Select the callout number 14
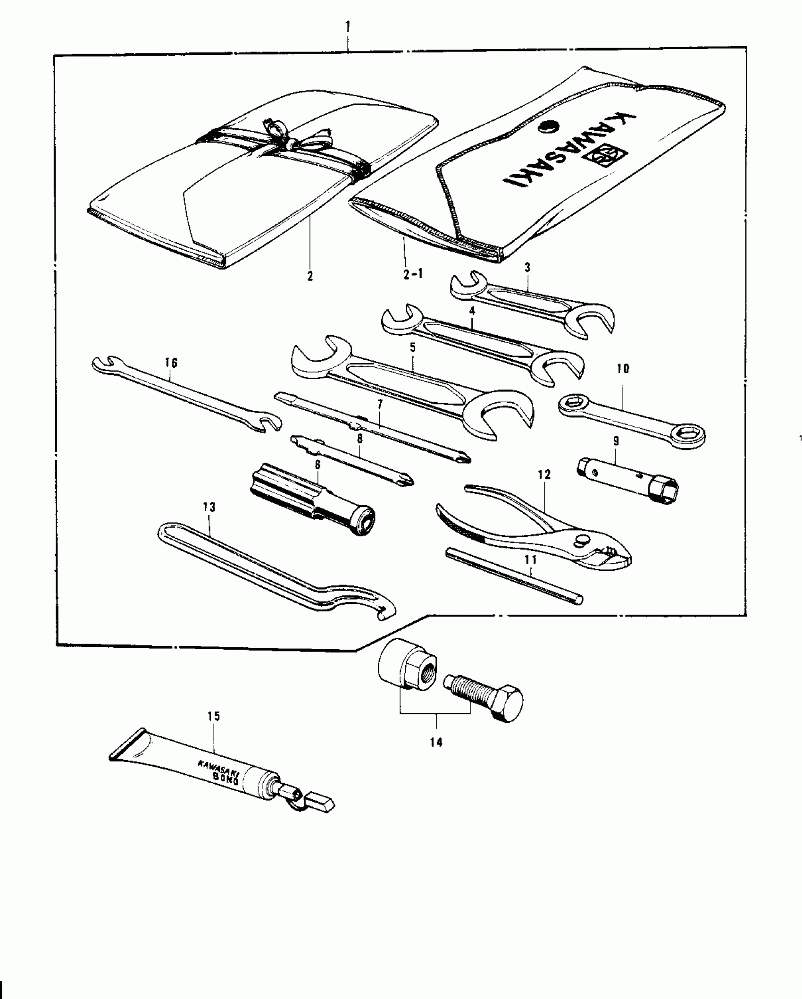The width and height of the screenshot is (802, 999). tap(436, 743)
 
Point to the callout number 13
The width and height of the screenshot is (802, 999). tap(209, 507)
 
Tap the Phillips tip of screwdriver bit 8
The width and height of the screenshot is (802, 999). tap(407, 481)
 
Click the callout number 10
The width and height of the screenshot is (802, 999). tap(623, 369)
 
